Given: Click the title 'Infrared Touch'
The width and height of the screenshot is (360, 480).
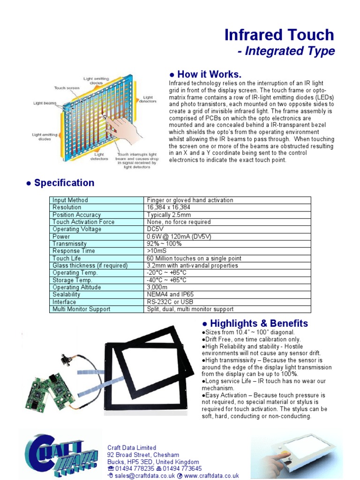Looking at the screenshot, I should pos(279,35).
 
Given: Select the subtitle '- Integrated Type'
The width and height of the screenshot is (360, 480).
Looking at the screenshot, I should pos(286,51).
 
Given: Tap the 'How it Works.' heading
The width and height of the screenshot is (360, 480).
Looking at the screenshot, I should pos(205,75).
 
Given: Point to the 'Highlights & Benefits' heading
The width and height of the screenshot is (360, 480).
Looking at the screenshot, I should pos(255,323).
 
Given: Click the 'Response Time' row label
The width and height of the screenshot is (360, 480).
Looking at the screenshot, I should pos(74,251).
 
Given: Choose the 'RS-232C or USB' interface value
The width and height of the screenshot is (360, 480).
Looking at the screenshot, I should pos(169,302).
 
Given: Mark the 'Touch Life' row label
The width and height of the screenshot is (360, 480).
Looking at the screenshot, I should pos(67,258).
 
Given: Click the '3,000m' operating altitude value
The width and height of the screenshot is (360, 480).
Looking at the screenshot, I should pos(158,287).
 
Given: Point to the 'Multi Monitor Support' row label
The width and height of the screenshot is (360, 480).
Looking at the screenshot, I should pos(81,309).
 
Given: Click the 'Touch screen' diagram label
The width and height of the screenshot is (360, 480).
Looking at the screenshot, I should pos(66,88).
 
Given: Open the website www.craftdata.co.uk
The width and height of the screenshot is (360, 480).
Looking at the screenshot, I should pos(211,476).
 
